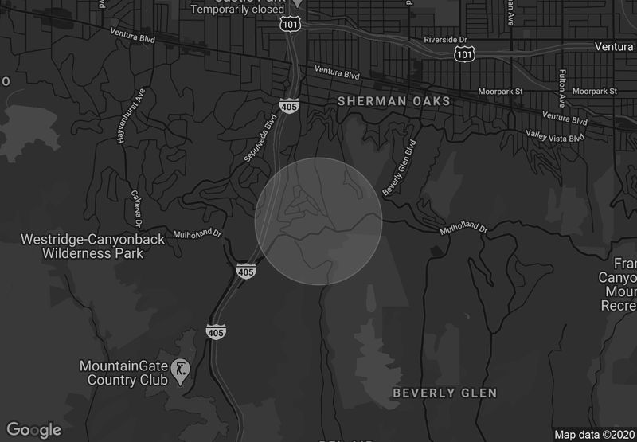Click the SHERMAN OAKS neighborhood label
[393, 101]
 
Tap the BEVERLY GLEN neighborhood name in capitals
[445, 393]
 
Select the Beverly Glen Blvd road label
[400, 168]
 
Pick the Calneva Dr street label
[136, 205]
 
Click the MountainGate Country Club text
[123, 373]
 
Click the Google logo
[35, 430]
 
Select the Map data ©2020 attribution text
[593, 435]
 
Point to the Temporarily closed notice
[236, 10]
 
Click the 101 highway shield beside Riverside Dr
[464, 53]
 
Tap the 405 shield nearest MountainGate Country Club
[215, 330]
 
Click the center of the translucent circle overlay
[318, 221]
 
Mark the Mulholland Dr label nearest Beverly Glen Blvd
[464, 229]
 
